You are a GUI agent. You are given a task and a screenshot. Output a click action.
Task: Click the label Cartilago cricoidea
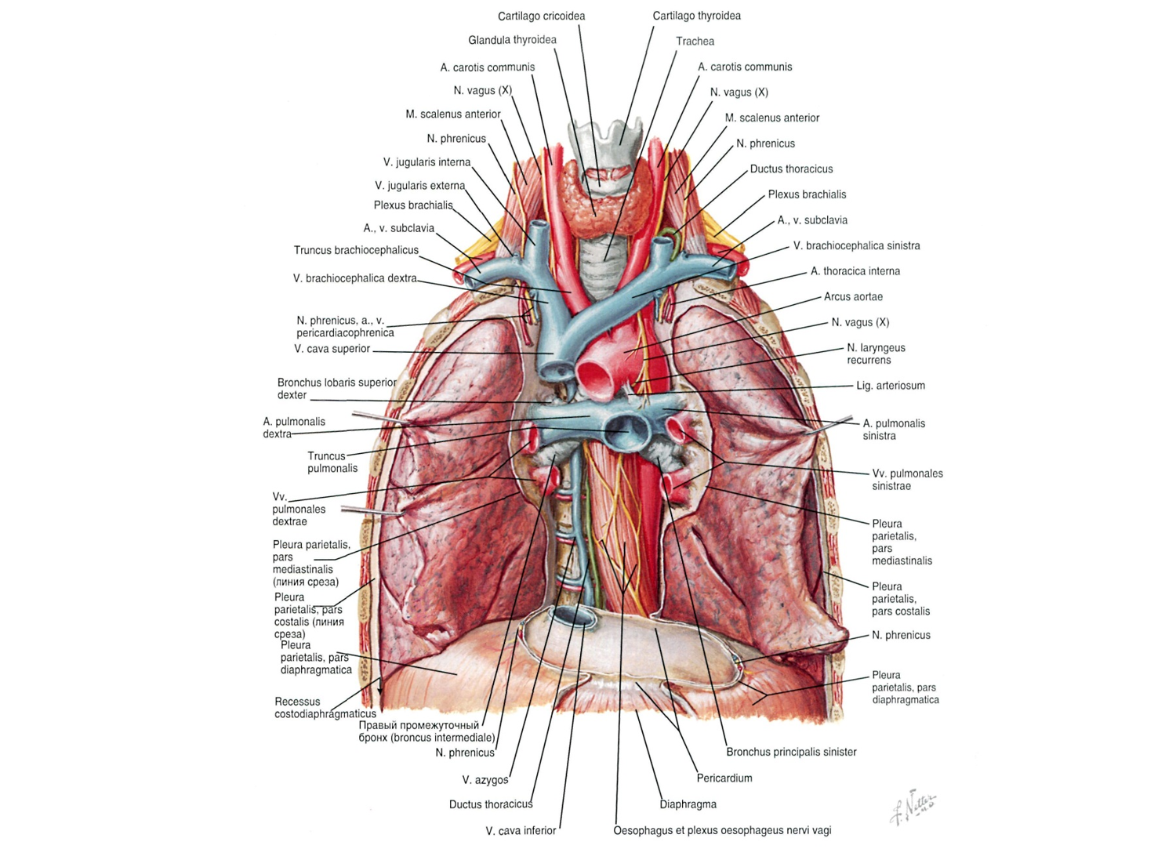541,16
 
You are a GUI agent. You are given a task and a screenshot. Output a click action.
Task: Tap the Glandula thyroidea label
513,40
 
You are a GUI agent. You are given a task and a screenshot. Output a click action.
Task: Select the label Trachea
695,41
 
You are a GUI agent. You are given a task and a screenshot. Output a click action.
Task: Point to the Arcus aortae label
853,296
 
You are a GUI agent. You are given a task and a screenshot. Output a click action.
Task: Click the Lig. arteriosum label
891,386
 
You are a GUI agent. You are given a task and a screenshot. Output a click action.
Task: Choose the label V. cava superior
332,349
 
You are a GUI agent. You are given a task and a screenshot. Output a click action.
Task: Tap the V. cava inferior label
521,831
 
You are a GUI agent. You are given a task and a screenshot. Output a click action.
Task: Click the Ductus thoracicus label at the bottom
491,804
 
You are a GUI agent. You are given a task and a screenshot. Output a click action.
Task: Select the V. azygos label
485,780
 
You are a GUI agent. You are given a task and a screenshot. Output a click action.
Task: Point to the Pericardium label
724,778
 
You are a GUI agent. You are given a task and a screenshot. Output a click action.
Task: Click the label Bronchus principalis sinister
791,752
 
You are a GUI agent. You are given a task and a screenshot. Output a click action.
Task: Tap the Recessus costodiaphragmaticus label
325,708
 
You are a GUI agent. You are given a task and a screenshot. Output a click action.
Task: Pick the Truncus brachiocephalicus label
356,250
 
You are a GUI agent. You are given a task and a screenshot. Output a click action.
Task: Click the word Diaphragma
688,804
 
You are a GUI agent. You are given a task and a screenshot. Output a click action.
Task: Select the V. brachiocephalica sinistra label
856,245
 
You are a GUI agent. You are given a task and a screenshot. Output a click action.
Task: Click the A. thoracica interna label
855,271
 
